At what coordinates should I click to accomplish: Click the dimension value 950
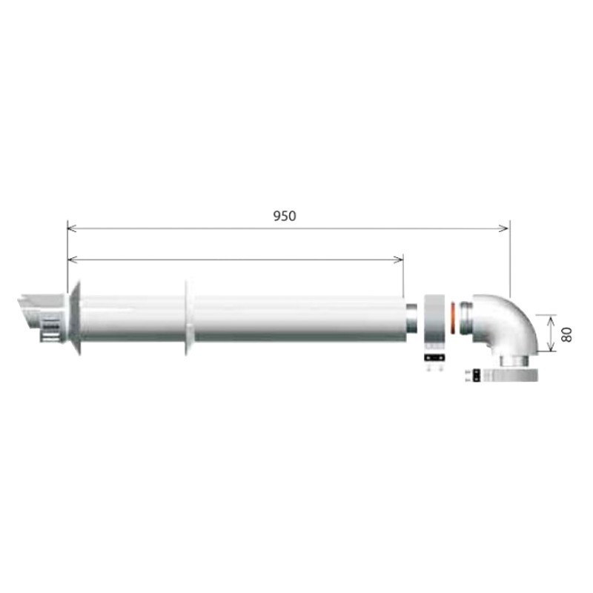coord(284,216)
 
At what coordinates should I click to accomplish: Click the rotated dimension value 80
coord(567,333)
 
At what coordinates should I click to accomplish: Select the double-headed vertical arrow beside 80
coord(549,332)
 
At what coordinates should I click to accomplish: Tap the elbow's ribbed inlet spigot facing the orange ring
coord(464,319)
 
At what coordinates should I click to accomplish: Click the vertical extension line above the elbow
coord(510,259)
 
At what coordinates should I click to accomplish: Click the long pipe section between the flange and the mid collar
coord(130,319)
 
